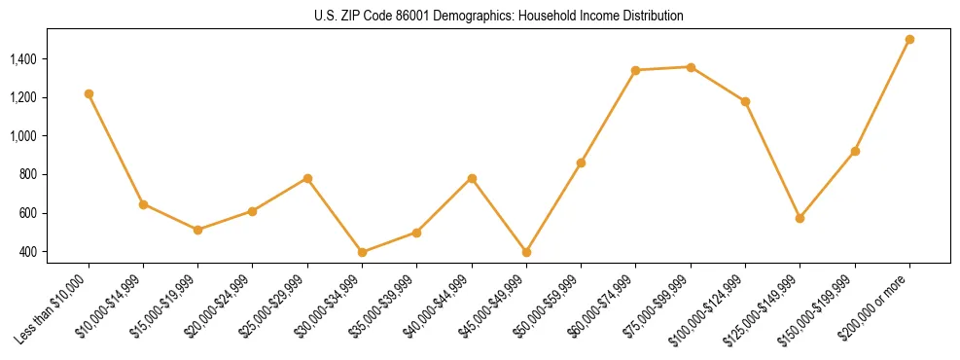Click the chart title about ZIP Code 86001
tap(499, 17)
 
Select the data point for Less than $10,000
tap(89, 94)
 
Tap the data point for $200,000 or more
tap(909, 40)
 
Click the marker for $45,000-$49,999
tap(526, 252)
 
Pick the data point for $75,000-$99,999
tap(691, 67)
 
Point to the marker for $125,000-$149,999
tap(800, 218)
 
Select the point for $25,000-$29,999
tap(307, 178)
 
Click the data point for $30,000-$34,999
tap(362, 252)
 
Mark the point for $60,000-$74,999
tap(635, 70)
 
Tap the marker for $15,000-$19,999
tap(197, 230)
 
